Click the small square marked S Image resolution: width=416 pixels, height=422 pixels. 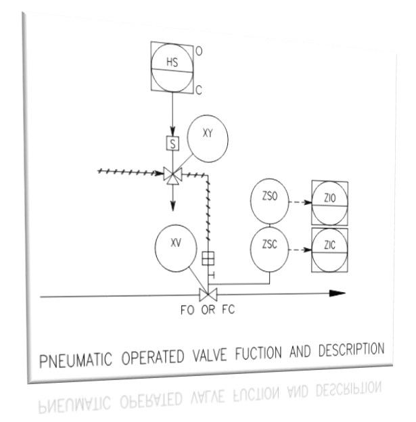(x=172, y=144)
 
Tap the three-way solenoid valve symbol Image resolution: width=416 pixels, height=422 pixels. (x=172, y=174)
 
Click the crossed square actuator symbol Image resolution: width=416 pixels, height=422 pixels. (x=208, y=258)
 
